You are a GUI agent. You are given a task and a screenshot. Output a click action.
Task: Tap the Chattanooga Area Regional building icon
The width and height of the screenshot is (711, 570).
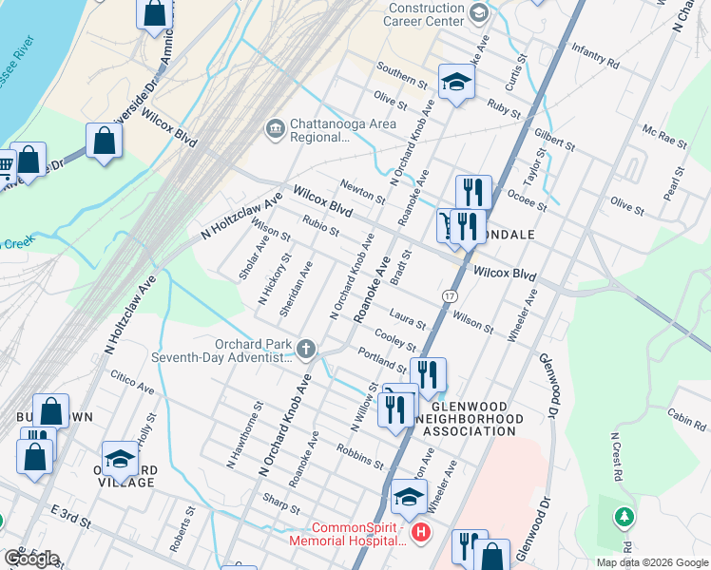[x=276, y=128]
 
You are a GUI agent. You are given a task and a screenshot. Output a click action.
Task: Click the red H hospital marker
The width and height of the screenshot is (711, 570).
[x=420, y=535]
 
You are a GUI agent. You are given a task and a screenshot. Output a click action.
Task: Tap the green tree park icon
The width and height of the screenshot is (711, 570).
[x=624, y=518]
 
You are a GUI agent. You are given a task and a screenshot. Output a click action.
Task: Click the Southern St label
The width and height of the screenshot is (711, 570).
[x=401, y=72]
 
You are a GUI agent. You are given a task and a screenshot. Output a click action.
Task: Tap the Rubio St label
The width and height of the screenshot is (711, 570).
[x=320, y=227]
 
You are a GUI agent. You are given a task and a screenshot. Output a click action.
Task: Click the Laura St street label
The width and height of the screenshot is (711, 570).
[x=406, y=316]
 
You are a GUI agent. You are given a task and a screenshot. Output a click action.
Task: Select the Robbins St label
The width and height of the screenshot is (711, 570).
[x=359, y=455]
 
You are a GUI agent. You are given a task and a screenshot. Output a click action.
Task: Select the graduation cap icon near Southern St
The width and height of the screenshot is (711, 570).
[x=456, y=83]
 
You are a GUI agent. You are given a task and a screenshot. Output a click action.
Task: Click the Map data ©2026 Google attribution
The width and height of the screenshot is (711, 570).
[x=652, y=562]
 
